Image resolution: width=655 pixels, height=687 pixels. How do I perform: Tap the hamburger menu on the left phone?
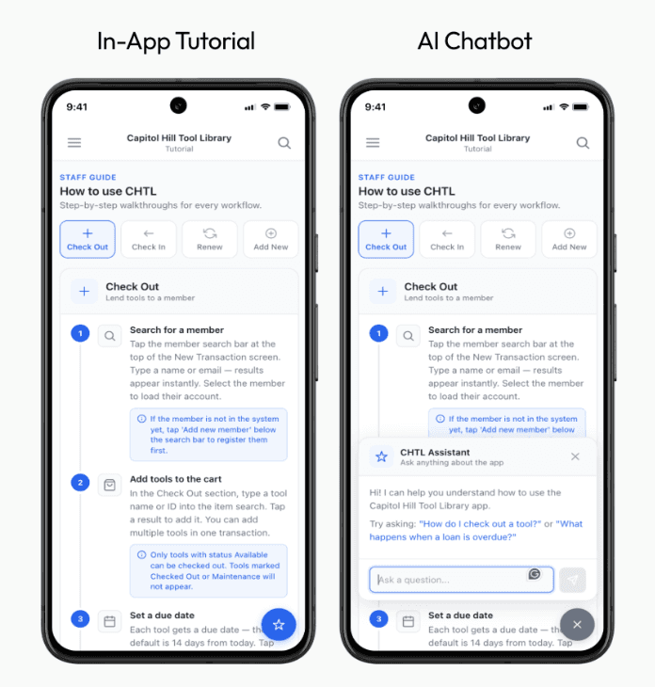(74, 142)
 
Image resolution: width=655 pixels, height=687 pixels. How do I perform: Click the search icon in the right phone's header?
(583, 143)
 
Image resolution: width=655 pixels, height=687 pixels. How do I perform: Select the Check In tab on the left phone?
(149, 239)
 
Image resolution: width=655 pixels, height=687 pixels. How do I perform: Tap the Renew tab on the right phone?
(508, 239)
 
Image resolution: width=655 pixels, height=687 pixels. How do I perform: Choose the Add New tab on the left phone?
(271, 239)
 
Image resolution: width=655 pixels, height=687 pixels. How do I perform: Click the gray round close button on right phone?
(577, 624)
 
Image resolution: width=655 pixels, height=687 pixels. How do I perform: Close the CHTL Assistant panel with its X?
(575, 456)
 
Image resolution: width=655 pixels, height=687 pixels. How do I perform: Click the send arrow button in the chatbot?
(572, 580)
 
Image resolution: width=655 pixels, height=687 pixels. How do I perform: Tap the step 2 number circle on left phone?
(80, 483)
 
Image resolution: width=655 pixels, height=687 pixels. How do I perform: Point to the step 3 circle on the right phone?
(379, 618)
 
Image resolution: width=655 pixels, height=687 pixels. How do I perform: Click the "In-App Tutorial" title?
(176, 41)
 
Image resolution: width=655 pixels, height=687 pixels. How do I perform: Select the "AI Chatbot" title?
(474, 41)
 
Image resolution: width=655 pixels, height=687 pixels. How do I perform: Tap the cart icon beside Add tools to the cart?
(109, 485)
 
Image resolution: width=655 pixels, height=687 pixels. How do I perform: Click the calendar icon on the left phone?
(109, 621)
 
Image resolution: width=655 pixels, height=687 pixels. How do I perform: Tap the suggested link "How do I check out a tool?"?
(480, 523)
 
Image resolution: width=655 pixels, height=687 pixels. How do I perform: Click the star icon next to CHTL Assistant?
(381, 457)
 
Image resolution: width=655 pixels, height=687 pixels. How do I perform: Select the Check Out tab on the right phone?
(386, 239)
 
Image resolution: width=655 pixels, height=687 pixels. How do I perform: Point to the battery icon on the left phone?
(282, 106)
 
